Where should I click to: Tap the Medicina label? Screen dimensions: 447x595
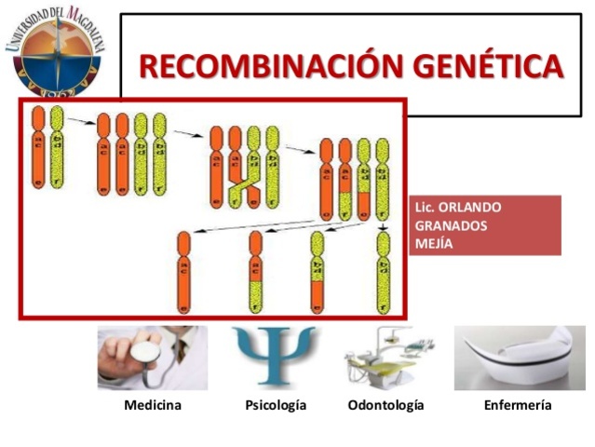coord(153,405)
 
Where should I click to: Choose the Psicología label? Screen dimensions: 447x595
coord(276,405)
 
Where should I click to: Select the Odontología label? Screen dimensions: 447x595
coord(385,405)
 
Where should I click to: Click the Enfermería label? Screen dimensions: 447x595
coord(518,405)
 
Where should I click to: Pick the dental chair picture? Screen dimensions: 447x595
coord(385,359)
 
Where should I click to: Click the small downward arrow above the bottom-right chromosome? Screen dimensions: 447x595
coord(384,226)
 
